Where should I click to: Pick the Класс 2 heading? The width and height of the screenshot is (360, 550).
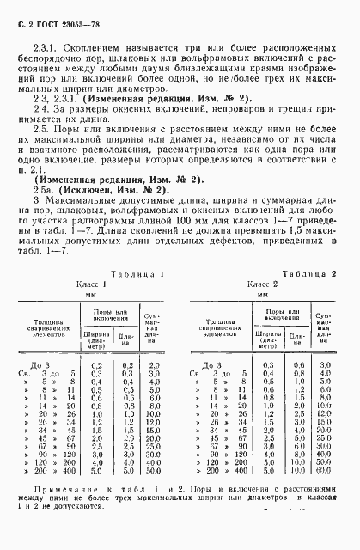point(264,283)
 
